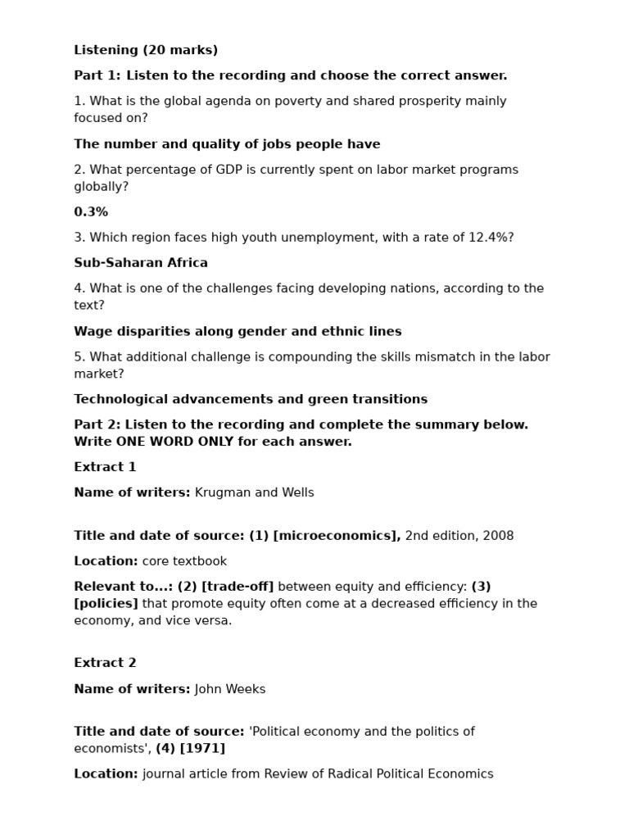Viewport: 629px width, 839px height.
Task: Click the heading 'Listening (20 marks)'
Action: [146, 50]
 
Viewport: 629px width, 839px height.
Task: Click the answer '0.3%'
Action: [91, 212]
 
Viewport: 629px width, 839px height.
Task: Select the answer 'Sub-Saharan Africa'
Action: [141, 263]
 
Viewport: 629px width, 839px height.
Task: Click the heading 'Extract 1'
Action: [105, 467]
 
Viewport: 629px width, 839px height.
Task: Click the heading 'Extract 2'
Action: [105, 663]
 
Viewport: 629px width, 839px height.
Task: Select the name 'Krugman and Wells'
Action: [254, 492]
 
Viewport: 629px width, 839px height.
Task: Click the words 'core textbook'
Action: [184, 561]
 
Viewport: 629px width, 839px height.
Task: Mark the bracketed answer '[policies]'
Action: [106, 604]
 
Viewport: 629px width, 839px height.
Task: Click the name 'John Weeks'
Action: [230, 689]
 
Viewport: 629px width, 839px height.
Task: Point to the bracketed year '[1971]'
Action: [202, 748]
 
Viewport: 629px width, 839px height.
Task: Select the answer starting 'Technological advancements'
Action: [251, 399]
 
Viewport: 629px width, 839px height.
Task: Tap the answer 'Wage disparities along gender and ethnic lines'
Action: [238, 332]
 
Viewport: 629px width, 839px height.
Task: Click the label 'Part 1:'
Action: [97, 75]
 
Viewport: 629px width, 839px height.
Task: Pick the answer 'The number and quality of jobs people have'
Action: [227, 144]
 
